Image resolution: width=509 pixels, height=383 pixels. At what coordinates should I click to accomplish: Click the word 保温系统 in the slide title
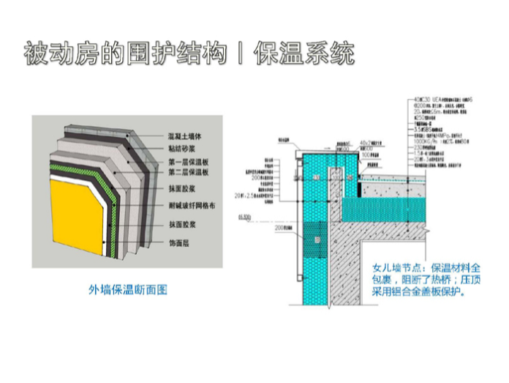[304, 54]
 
